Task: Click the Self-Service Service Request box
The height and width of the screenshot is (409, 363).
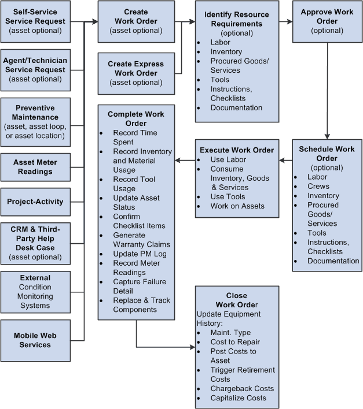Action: (35, 21)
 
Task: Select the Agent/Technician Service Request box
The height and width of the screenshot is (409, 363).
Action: (35, 69)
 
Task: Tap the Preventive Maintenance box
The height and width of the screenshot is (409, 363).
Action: (35, 122)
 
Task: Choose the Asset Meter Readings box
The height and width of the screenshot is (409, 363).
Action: (35, 167)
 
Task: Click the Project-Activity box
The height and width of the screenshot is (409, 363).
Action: (35, 202)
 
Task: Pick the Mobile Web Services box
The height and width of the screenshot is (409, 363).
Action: (35, 340)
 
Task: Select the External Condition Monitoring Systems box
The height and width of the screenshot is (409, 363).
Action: (35, 292)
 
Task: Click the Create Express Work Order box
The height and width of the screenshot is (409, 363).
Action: (136, 73)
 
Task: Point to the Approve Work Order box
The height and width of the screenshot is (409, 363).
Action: (328, 21)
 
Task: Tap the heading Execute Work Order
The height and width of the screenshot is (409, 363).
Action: (237, 150)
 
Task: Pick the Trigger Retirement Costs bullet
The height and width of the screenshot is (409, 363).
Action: (243, 374)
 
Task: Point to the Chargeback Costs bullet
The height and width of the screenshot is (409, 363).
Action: (242, 388)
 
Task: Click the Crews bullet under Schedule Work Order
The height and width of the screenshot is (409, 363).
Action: (318, 187)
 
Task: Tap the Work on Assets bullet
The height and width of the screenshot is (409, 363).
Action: (237, 206)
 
